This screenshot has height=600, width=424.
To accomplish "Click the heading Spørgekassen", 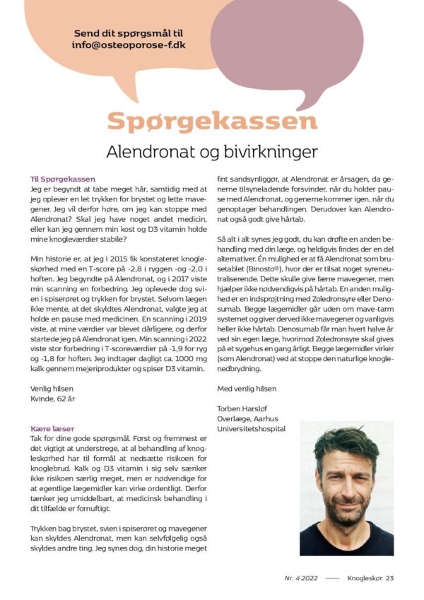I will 212,121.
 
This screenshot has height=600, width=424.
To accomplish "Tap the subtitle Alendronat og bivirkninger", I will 212,151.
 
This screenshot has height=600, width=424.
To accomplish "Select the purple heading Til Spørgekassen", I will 62,180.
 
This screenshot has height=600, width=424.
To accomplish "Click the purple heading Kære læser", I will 53,428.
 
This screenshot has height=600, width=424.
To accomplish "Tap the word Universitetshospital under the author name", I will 252,428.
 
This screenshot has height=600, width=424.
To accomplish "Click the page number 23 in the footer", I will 389,577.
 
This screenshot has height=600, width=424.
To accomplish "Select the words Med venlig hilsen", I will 247,388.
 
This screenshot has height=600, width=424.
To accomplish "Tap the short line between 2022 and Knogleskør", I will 332,578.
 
